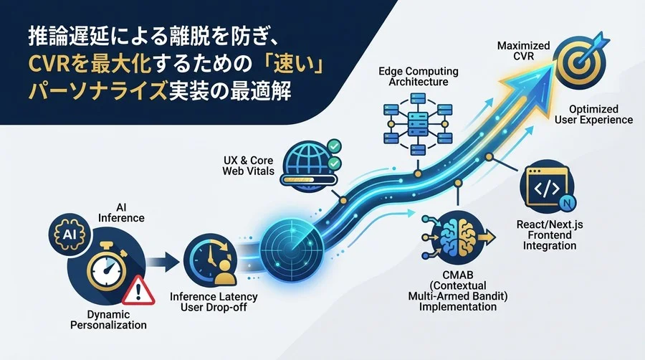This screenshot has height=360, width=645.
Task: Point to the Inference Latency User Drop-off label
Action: coord(214,302)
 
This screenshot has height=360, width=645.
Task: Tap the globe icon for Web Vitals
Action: coord(307,162)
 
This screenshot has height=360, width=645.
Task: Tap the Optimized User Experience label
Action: coord(593,114)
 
